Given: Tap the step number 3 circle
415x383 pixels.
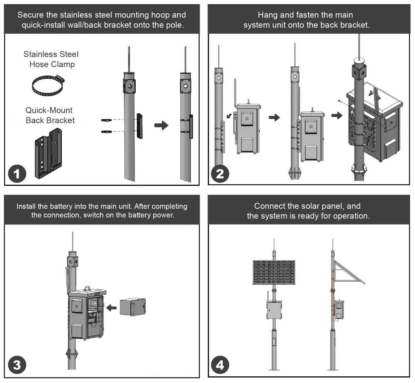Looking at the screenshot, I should [x=17, y=366].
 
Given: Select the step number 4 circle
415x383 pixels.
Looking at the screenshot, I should [x=220, y=366].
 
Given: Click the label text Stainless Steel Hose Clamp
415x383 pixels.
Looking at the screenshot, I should [x=51, y=59].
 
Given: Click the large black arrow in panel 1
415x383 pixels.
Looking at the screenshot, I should [x=161, y=126].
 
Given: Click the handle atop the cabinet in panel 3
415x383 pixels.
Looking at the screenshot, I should [x=88, y=287].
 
